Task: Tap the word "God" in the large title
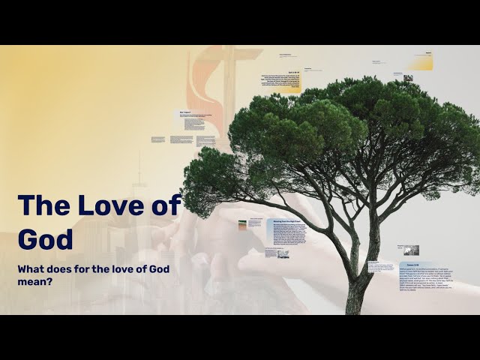pos(45,238)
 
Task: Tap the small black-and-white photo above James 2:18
pos(411,250)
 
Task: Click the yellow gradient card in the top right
pos(419,61)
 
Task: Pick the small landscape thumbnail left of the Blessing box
pos(242,225)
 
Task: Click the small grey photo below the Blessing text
pos(283,253)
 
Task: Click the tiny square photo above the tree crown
pos(408,77)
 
